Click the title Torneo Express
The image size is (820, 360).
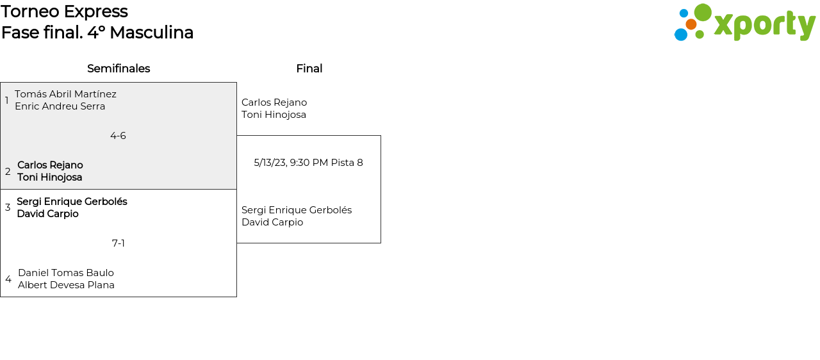(x=64, y=12)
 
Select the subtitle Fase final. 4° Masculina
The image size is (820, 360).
(x=97, y=33)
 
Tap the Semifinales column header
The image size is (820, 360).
(x=119, y=69)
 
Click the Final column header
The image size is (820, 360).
(x=309, y=69)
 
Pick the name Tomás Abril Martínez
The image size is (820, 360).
(x=65, y=94)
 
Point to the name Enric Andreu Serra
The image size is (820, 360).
(x=60, y=106)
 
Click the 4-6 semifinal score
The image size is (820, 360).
(x=118, y=136)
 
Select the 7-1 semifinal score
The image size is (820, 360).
(x=119, y=243)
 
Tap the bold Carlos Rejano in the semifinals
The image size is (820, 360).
(x=50, y=165)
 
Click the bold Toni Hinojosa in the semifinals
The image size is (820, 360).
(x=49, y=177)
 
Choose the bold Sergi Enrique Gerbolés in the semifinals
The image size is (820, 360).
(x=72, y=202)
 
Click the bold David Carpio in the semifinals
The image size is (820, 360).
(x=47, y=214)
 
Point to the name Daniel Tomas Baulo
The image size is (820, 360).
(x=66, y=273)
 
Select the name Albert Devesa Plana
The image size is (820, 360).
(x=66, y=285)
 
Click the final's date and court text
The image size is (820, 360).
(x=308, y=163)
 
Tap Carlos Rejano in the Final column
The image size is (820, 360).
(x=274, y=102)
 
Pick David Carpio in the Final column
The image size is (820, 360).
(x=272, y=222)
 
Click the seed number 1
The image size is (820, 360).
(x=7, y=101)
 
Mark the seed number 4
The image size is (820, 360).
(x=8, y=279)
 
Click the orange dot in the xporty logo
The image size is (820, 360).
(x=691, y=24)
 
